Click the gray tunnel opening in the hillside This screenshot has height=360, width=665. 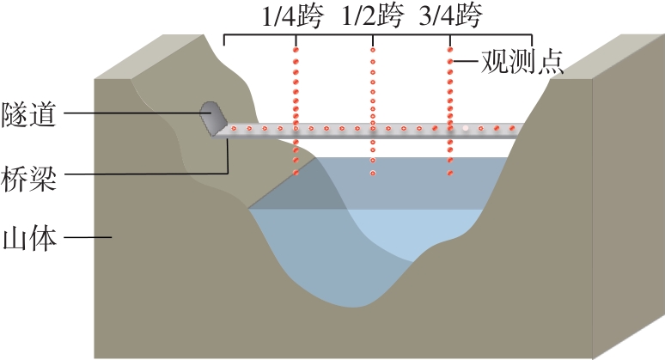pos(211,117)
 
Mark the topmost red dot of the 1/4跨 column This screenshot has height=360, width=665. pos(296,50)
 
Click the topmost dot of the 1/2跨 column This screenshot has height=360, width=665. pos(372,50)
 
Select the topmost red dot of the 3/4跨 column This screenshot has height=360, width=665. pos(449,50)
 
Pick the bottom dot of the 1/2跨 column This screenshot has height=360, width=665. pos(372,174)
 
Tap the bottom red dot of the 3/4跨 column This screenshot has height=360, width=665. pos(449,174)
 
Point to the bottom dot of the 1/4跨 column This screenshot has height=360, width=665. pos(296,174)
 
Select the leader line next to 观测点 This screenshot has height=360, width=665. pos(465,63)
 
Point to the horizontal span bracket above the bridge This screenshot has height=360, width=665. pos(378,37)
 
